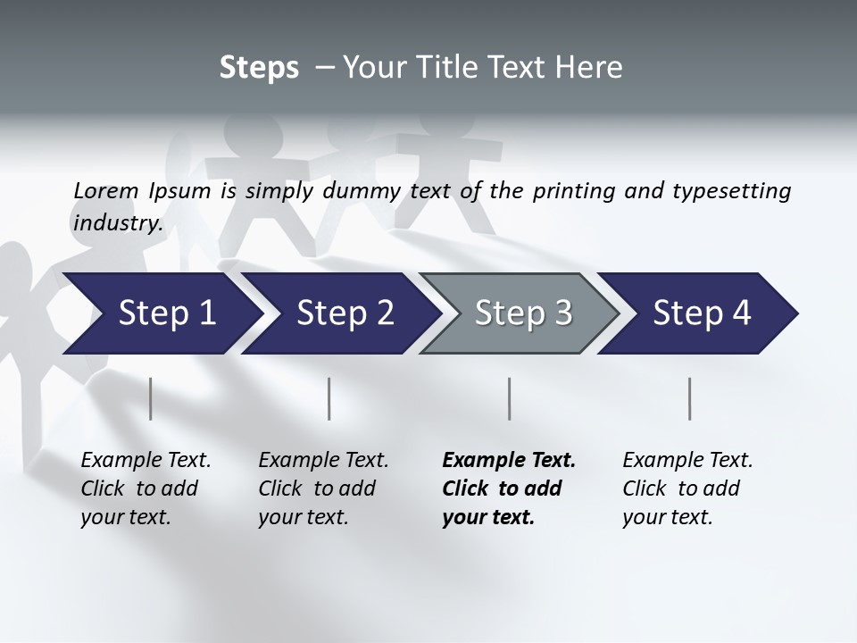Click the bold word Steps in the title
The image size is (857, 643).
pyautogui.click(x=259, y=68)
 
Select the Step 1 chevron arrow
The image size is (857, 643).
pyautogui.click(x=161, y=313)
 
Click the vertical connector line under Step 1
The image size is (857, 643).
pyautogui.click(x=151, y=398)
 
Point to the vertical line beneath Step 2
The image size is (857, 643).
pyautogui.click(x=329, y=398)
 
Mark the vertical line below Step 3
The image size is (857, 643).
pyautogui.click(x=510, y=398)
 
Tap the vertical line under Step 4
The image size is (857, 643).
pyautogui.click(x=690, y=398)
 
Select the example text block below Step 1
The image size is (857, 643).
pyautogui.click(x=146, y=489)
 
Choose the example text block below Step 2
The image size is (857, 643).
pyautogui.click(x=323, y=489)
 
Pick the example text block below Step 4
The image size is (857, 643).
pyautogui.click(x=687, y=489)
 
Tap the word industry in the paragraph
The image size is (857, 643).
pyautogui.click(x=117, y=222)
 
